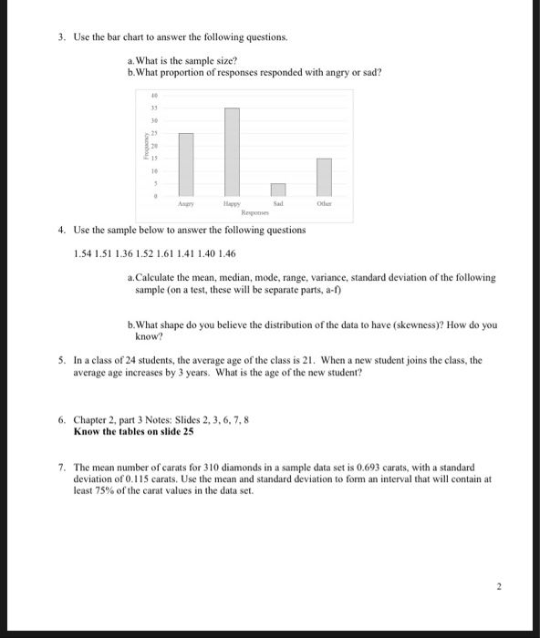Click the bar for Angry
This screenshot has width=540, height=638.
click(186, 164)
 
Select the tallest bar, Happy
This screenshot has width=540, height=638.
click(232, 151)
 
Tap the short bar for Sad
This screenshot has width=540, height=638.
click(278, 189)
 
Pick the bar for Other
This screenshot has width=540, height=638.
click(324, 176)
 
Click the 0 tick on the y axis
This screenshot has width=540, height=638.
click(157, 195)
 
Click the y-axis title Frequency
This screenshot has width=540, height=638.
click(144, 149)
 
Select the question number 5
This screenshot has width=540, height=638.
click(60, 361)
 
